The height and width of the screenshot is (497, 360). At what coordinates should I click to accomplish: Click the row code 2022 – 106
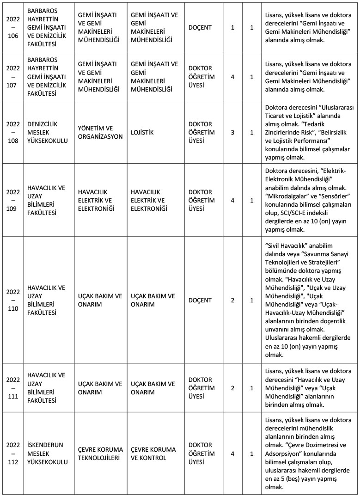(13, 27)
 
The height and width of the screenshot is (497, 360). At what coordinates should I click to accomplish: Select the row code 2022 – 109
(13, 200)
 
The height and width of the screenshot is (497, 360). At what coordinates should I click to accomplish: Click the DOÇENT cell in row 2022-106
(200, 27)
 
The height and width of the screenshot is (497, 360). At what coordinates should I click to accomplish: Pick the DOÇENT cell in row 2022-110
(200, 300)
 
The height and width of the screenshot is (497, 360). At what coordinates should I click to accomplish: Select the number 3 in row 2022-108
(232, 132)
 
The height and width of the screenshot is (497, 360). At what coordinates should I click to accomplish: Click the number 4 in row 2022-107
(232, 77)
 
